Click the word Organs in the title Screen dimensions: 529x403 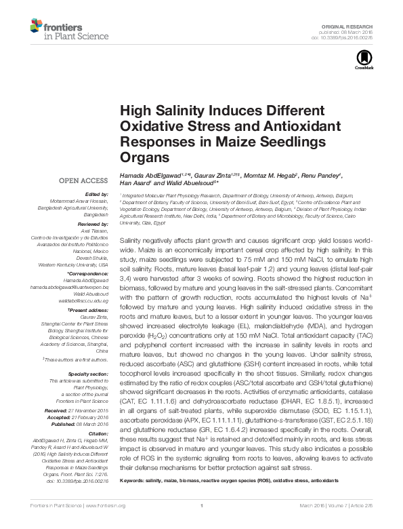tap(144, 157)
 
